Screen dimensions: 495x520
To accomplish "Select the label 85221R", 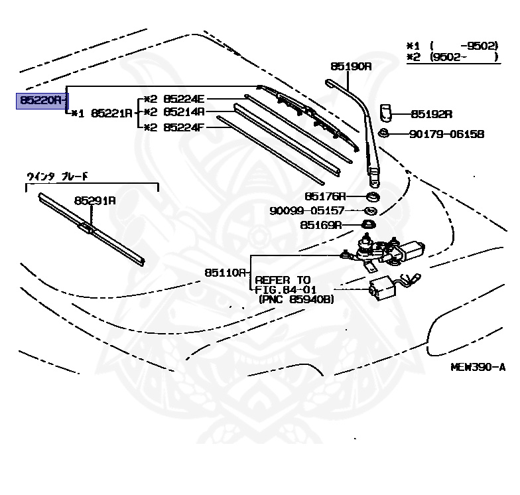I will tap(111, 113).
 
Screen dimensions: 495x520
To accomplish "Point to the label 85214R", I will tap(184, 112).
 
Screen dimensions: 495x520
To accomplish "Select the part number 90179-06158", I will tap(446, 134).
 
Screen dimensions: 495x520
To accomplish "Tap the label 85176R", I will tap(326, 196).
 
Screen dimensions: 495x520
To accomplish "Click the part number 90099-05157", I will tap(307, 211).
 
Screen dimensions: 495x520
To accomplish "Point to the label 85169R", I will tap(320, 225).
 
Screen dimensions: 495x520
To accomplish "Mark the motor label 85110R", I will tap(226, 272).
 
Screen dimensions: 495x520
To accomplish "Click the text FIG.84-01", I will tap(287, 290).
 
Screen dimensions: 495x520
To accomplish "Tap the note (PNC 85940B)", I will tap(296, 300).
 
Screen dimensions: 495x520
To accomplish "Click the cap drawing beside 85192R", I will tap(387, 111).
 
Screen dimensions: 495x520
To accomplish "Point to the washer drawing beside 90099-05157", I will tap(371, 211).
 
